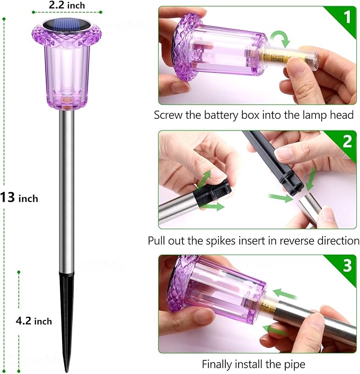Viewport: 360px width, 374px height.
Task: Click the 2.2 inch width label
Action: tap(66, 5)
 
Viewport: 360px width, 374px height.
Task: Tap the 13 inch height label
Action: tap(20, 198)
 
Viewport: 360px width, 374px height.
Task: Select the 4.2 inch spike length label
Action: tap(33, 321)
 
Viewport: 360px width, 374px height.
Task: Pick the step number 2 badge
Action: tap(347, 141)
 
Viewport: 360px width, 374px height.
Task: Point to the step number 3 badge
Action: tap(347, 265)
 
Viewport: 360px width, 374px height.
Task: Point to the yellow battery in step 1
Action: tap(280, 57)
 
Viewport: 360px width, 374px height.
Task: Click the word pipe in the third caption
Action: tap(295, 365)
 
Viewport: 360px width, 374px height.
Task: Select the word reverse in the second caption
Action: tap(284, 240)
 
